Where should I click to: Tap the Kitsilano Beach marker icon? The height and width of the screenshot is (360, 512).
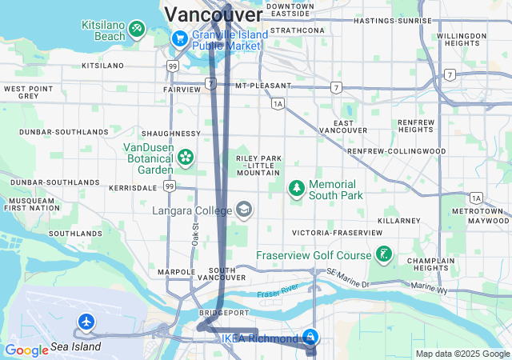point(137,30)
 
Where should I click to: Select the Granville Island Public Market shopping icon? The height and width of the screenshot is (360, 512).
point(179,37)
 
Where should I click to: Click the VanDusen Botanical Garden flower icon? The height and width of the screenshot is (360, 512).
point(186,157)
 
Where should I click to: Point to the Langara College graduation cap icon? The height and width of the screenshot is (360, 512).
point(243,210)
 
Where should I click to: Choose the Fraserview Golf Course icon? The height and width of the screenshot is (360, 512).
point(384,255)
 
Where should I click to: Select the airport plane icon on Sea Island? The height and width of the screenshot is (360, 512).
point(86,322)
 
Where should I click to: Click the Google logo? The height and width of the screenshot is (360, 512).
point(26,350)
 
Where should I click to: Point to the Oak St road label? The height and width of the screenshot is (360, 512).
point(194,234)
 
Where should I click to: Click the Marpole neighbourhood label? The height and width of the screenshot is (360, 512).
point(175,272)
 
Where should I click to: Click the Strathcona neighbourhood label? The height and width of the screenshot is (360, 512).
point(297,30)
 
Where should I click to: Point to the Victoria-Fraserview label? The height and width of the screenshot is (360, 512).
point(337,232)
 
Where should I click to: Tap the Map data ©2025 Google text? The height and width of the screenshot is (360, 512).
point(462,354)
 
